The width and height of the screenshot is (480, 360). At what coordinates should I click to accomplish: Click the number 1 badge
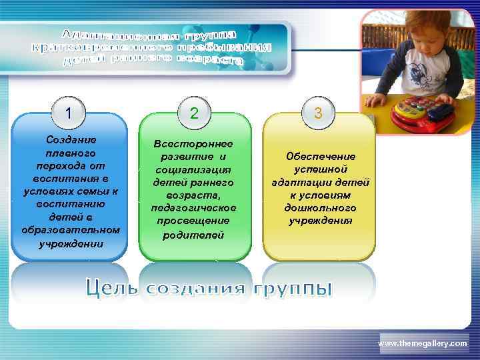pos(69,113)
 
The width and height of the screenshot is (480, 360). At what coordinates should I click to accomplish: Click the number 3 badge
pos(319,113)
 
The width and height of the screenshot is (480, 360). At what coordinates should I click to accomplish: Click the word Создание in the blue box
pos(71,140)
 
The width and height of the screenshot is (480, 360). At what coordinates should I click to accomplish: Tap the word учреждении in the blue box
pos(71,243)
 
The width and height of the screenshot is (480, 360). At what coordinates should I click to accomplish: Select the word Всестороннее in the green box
pos(193,144)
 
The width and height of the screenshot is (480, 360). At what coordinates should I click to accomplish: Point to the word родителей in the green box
pos(193,235)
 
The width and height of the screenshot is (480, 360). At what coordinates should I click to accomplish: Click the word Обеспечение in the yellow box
pos(321,157)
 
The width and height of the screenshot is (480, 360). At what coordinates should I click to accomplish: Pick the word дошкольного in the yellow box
pos(321,207)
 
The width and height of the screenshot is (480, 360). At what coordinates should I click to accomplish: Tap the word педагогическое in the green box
pos(193,207)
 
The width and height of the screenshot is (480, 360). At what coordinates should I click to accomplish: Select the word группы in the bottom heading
pos(296,289)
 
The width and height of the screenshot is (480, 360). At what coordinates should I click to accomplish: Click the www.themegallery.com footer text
pos(423,343)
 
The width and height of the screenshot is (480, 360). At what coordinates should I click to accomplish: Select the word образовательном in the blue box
pos(71,230)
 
